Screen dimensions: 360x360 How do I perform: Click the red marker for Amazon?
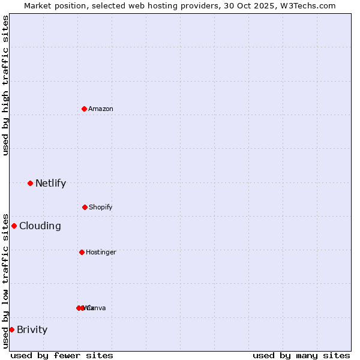85,109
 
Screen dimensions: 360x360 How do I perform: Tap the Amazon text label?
101,109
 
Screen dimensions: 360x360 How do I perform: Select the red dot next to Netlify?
30,183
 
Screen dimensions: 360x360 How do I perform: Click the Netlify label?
50,184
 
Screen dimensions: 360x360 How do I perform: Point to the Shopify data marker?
85,207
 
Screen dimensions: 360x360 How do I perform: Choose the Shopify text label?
101,207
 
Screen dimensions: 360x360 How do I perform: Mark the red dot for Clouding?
14,226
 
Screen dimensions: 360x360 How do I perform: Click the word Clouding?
40,226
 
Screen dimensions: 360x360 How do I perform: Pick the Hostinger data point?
82,252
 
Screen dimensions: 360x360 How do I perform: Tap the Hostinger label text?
101,252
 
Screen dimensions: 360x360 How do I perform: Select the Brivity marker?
11,329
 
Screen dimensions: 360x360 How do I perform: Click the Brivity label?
32,330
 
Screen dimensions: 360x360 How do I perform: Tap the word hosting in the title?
155,5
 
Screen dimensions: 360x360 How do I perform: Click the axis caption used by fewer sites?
62,355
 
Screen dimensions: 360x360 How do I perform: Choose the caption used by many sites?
301,355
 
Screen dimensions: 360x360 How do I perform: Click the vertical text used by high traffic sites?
5,85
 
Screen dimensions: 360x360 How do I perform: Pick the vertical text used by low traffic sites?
5,281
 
